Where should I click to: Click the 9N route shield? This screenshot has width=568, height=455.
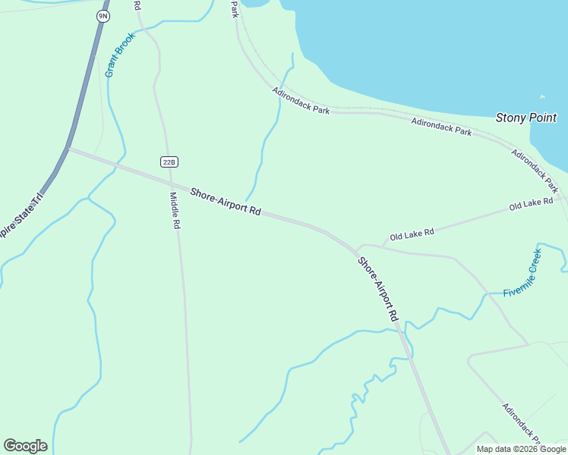(102, 16)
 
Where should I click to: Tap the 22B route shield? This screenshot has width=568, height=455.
(169, 162)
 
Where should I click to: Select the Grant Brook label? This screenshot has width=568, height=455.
(120, 55)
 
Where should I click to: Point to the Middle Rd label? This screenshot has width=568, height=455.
(175, 210)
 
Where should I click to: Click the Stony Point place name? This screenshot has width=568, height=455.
(525, 118)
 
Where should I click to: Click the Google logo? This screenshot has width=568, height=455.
(25, 446)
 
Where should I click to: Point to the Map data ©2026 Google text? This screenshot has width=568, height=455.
(522, 449)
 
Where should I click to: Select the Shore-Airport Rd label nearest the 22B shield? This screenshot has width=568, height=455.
(226, 202)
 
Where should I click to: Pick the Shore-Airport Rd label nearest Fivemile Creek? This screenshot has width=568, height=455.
(378, 289)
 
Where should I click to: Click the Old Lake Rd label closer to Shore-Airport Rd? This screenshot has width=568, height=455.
(412, 235)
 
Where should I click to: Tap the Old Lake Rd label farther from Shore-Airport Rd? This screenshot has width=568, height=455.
(532, 205)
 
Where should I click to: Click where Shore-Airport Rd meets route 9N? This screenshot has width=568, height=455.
(68, 148)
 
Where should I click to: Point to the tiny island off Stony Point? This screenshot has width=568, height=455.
(542, 97)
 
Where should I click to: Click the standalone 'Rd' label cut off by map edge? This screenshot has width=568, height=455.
(137, 5)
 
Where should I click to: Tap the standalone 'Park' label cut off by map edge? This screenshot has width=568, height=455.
(235, 8)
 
